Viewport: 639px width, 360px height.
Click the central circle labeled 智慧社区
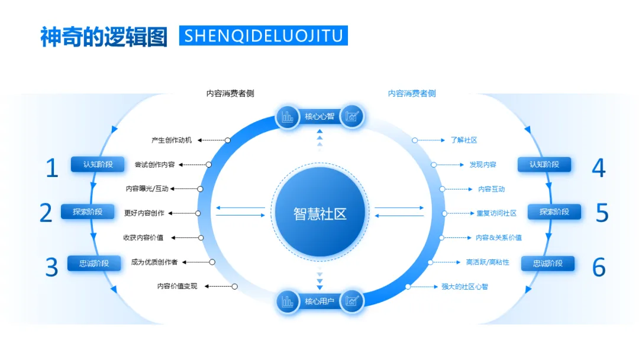(319, 214)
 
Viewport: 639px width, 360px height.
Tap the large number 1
(52, 168)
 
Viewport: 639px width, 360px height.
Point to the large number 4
(598, 168)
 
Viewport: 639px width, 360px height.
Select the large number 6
(599, 268)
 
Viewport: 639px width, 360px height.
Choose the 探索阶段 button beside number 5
(554, 211)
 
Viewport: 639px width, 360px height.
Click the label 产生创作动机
(172, 140)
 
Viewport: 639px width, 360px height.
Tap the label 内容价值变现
(177, 286)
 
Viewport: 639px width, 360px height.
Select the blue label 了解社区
(463, 140)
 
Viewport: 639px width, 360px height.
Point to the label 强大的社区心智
(464, 287)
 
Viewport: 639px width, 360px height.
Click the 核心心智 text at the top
(319, 117)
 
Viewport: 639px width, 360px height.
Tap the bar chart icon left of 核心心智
(288, 117)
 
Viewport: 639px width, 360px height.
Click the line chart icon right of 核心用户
(352, 302)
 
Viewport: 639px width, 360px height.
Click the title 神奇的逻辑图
(104, 37)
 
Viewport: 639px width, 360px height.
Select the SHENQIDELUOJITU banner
(263, 36)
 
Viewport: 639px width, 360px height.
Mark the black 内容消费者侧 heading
(230, 94)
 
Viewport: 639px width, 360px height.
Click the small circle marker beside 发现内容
(434, 165)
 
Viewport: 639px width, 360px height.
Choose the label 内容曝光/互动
(147, 189)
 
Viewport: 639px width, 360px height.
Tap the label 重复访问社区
(496, 213)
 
